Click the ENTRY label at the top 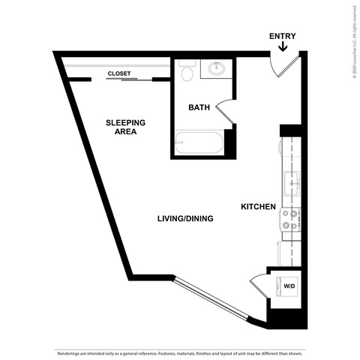tap(282, 36)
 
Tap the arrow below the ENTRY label tap(282, 48)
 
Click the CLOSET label tap(118, 73)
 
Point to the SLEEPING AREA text tap(125, 127)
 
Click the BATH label tap(199, 108)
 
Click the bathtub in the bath tap(198, 142)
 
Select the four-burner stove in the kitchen tap(290, 219)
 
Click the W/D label tap(288, 285)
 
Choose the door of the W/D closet tap(257, 286)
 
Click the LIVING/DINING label tap(185, 219)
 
